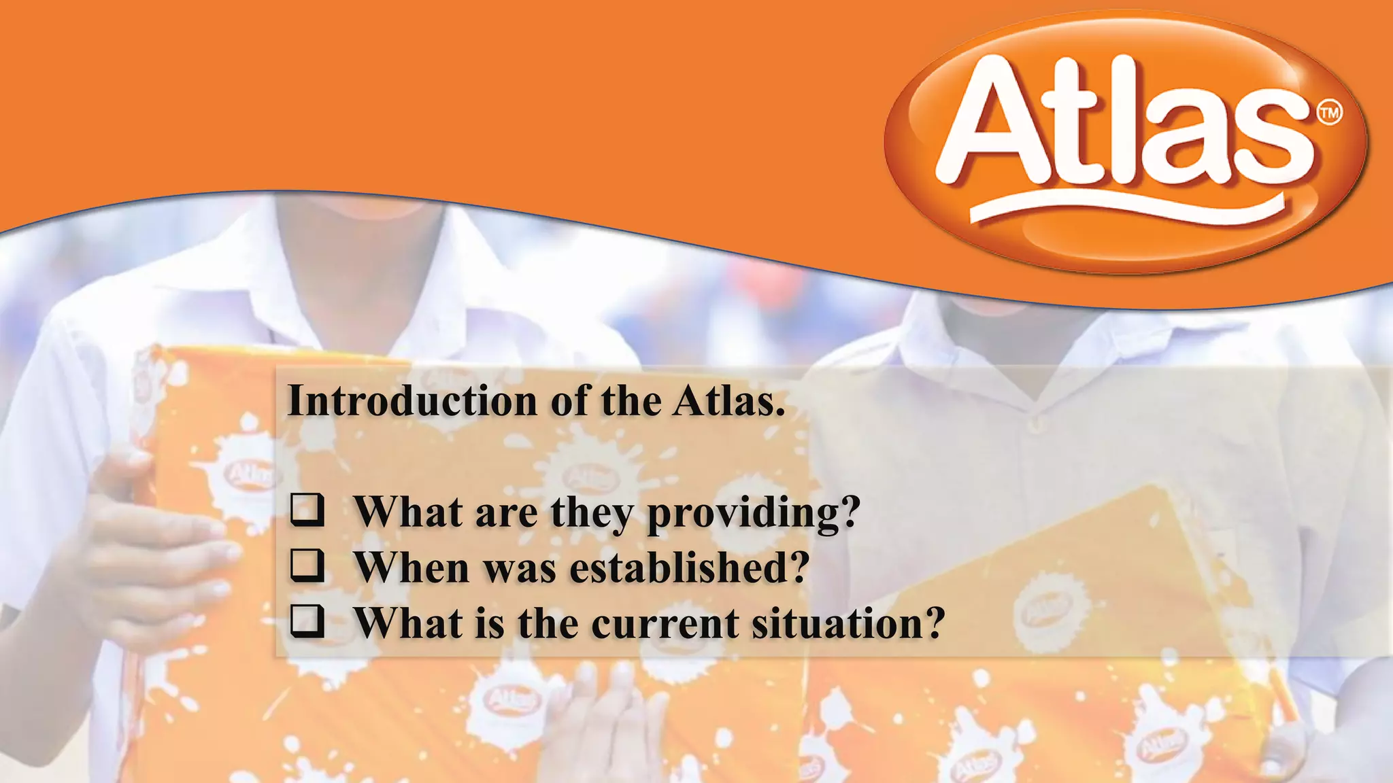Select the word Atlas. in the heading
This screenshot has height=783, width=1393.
coord(729,401)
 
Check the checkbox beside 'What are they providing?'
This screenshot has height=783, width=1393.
coord(307,510)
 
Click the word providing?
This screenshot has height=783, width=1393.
coord(754,514)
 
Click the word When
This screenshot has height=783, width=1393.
coord(412,568)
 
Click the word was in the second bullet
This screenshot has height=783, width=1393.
coord(520,569)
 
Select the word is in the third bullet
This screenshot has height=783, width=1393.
coord(490,623)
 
